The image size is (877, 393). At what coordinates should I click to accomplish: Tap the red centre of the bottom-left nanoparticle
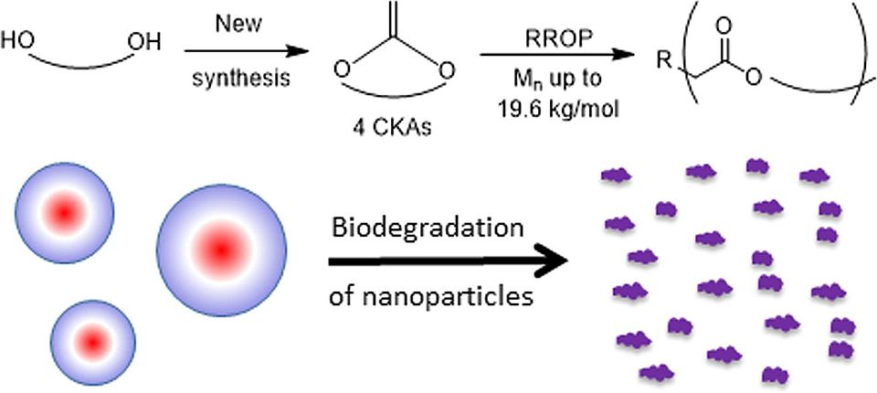click(x=92, y=341)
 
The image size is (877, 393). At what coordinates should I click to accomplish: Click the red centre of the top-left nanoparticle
click(x=65, y=213)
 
